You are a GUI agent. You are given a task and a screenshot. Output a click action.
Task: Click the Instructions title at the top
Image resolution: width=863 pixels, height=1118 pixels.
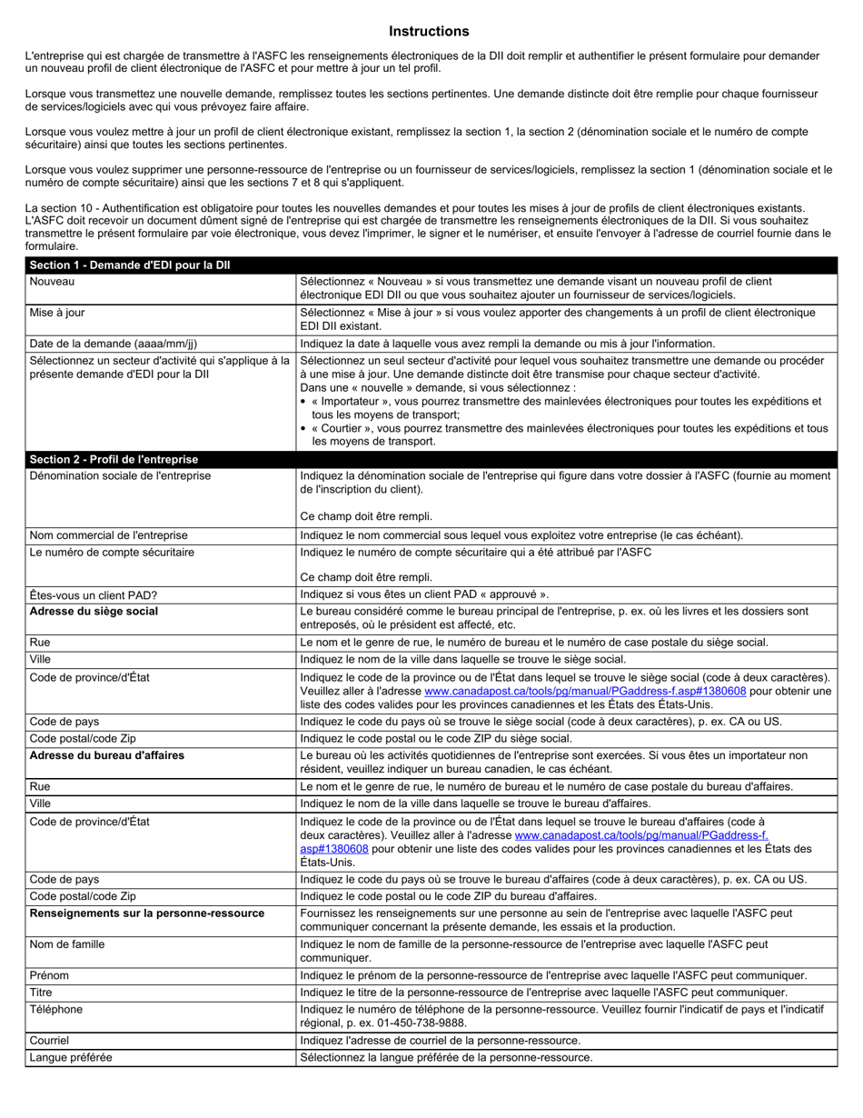pos(429,32)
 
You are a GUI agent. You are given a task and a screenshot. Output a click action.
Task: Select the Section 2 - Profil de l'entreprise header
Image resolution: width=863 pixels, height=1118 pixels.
pos(114,459)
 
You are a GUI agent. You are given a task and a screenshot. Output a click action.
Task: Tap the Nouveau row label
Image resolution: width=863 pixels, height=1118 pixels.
pos(52,282)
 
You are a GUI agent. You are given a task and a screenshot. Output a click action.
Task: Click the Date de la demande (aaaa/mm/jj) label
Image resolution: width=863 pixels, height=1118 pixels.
pos(114,344)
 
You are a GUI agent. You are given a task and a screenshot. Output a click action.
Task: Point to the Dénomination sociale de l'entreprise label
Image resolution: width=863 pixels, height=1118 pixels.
pos(120,475)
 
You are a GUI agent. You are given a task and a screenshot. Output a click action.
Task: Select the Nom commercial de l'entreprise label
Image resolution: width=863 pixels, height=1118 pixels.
pos(109,535)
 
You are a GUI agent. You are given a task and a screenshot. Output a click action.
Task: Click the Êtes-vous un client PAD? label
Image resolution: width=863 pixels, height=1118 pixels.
pos(94,595)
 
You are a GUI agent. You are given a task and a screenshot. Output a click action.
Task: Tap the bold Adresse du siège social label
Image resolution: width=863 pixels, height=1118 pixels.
pos(94,612)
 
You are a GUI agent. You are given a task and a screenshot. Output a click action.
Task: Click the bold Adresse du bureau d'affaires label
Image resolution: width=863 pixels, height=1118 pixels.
pos(107,755)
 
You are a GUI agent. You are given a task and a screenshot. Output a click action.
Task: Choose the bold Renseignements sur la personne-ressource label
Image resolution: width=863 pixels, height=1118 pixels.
pos(147,913)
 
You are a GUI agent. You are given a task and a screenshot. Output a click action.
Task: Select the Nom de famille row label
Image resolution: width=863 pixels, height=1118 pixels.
pos(67,944)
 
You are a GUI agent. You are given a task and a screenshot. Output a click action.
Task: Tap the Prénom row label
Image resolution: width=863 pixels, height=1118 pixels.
pos(49,975)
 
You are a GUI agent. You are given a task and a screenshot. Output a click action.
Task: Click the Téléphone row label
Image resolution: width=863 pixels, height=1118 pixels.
pos(56,1009)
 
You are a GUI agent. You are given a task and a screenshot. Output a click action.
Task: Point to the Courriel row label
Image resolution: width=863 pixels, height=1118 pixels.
pos(49,1041)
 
